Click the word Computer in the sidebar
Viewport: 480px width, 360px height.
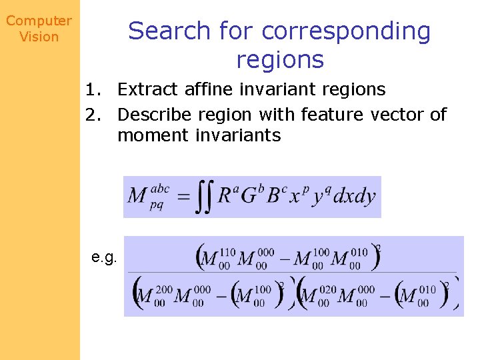point(39,21)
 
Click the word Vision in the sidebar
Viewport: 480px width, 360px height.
point(39,37)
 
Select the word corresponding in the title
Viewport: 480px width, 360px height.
point(346,31)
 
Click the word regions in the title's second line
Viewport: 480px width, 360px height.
point(279,60)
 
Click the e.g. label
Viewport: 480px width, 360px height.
point(105,257)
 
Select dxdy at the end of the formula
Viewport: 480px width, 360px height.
point(354,197)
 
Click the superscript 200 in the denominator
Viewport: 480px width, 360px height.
point(164,291)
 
